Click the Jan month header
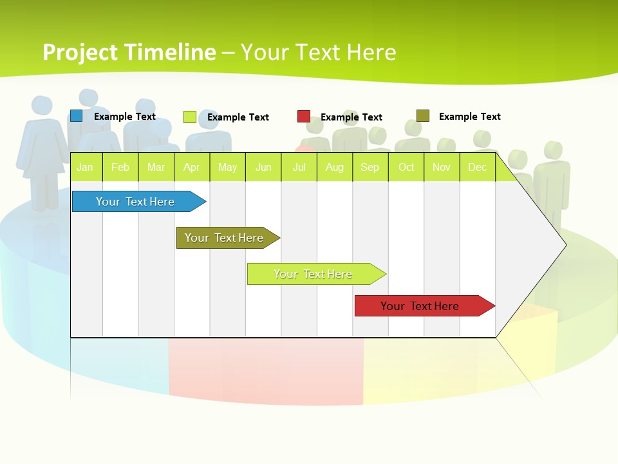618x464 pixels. (x=85, y=168)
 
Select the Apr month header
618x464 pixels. (x=191, y=168)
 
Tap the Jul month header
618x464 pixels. (x=299, y=168)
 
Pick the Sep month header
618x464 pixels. (x=370, y=168)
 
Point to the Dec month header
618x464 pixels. (x=477, y=168)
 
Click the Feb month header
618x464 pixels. (x=120, y=168)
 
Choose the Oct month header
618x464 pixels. (x=406, y=168)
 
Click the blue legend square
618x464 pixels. (x=77, y=116)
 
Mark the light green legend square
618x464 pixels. (x=190, y=117)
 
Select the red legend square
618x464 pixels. (x=304, y=117)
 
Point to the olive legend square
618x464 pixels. (x=423, y=116)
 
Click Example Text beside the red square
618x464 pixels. (x=351, y=117)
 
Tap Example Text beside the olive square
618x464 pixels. (x=470, y=117)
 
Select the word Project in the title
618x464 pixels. (x=80, y=52)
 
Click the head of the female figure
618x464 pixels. (x=42, y=106)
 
